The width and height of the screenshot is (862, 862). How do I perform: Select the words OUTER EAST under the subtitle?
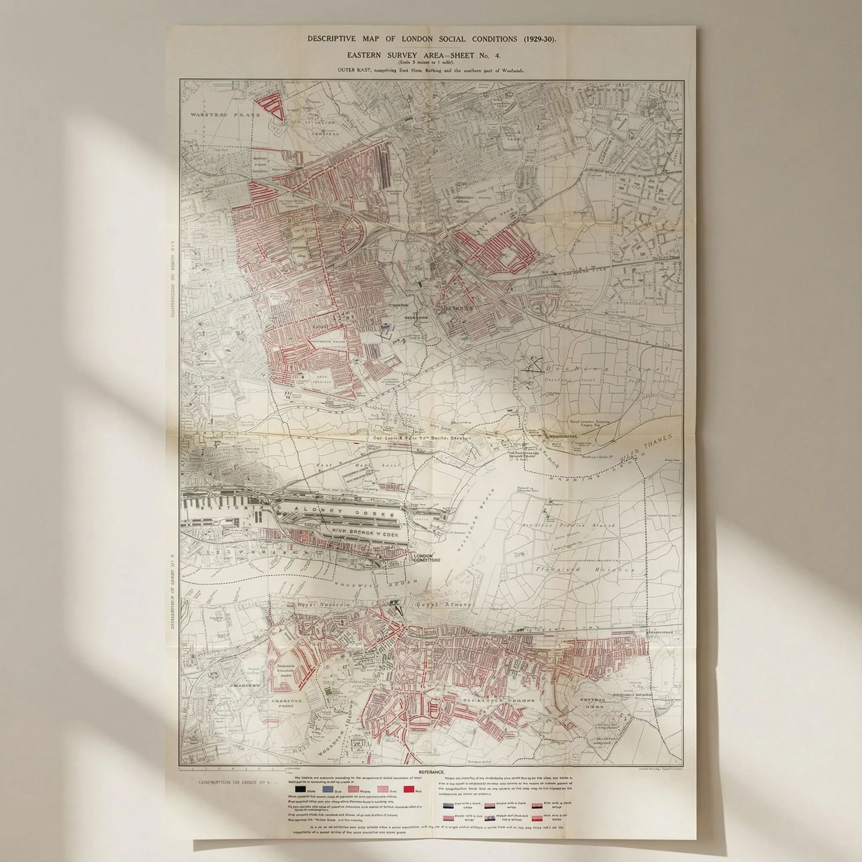[353, 70]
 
